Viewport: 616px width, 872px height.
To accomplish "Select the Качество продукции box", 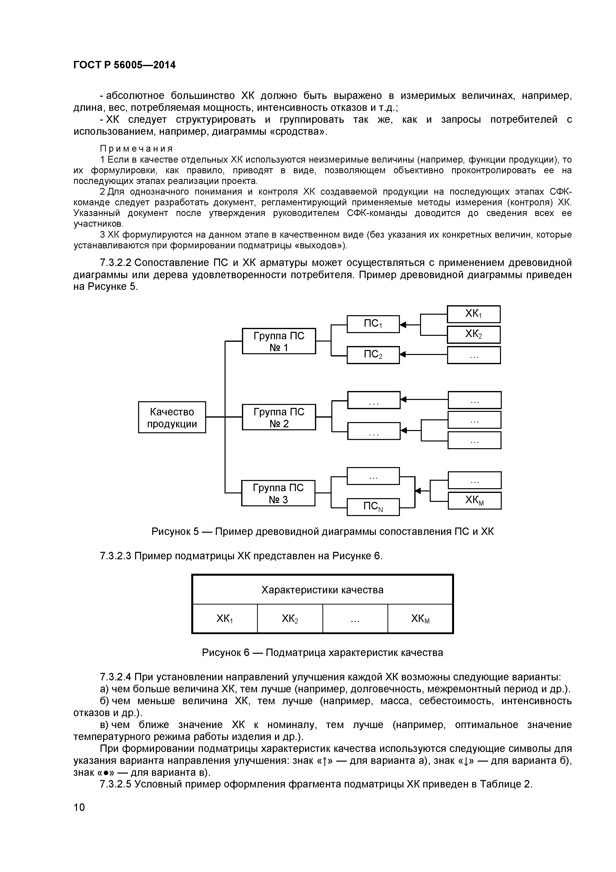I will click(x=172, y=417).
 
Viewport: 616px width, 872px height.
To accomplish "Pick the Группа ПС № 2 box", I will click(x=279, y=417).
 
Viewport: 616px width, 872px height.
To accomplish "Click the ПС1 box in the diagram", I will click(x=373, y=324).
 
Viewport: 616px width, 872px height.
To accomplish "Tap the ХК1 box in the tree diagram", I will click(x=474, y=314).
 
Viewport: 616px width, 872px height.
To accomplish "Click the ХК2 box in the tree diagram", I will click(x=474, y=335).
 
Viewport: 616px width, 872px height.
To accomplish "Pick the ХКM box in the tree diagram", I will click(x=474, y=501).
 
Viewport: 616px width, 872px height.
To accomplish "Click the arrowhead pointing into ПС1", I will click(x=403, y=325).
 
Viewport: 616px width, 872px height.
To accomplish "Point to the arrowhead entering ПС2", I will click(x=403, y=355).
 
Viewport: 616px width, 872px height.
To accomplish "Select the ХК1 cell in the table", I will click(x=225, y=619).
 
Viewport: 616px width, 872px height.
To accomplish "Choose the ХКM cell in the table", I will click(x=420, y=619).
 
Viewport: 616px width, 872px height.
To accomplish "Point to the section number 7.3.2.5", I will click(x=115, y=784).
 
